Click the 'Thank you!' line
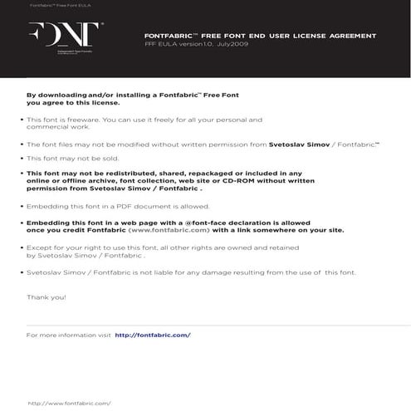pos(46,296)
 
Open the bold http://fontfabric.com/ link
pos(153,335)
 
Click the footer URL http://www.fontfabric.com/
pos(70,403)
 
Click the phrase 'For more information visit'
pos(68,335)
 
